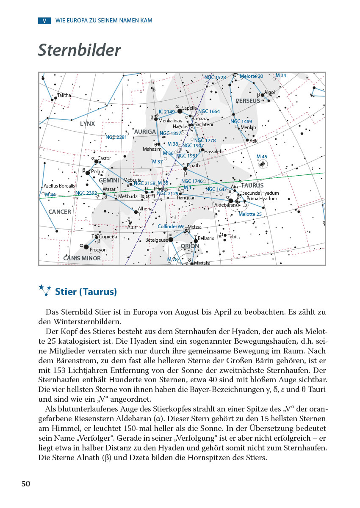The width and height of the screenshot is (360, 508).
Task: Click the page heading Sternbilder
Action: pyautogui.click(x=79, y=50)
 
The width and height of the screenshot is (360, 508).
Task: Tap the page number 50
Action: pyautogui.click(x=26, y=484)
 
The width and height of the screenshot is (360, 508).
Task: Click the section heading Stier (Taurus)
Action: pyautogui.click(x=86, y=292)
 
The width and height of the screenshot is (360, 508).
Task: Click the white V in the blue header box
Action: pyautogui.click(x=44, y=20)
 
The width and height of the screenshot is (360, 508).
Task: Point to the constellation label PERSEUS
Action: pyautogui.click(x=248, y=101)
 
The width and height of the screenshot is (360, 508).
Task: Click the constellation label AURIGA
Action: pyautogui.click(x=145, y=132)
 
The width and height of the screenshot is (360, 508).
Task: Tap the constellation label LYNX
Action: pyautogui.click(x=87, y=124)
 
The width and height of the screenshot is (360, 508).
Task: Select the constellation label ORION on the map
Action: pyautogui.click(x=190, y=246)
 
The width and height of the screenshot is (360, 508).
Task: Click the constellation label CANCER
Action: pyautogui.click(x=60, y=212)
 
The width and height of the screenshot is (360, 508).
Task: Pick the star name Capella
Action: pyautogui.click(x=189, y=108)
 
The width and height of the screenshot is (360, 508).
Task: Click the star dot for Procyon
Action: pyautogui.click(x=86, y=247)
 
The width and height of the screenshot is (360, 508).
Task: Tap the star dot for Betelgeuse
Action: pyautogui.click(x=171, y=239)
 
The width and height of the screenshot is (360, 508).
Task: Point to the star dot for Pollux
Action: pyautogui.click(x=88, y=172)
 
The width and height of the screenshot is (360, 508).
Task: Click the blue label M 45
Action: pyautogui.click(x=262, y=157)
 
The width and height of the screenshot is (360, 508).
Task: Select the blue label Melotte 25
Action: pyautogui.click(x=250, y=214)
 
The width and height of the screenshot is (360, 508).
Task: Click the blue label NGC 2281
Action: pyautogui.click(x=116, y=137)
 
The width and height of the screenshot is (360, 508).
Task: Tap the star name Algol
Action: pyautogui.click(x=269, y=92)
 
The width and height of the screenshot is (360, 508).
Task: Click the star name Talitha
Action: pyautogui.click(x=64, y=95)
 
